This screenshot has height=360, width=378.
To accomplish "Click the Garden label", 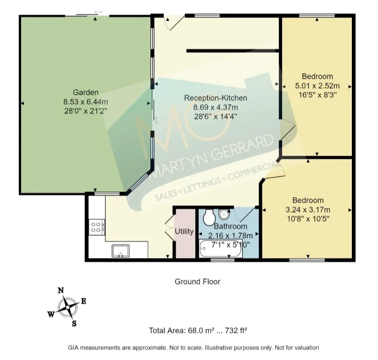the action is click(86, 92).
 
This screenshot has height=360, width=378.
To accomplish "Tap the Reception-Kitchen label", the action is click(216, 98).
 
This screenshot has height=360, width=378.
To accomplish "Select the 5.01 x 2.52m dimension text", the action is click(317, 86).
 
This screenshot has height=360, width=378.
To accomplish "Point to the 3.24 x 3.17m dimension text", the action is click(308, 210).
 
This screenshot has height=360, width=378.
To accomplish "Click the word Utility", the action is click(184, 231).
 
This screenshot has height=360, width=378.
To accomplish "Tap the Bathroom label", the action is click(230, 226).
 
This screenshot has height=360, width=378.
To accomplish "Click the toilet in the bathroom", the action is click(209, 217).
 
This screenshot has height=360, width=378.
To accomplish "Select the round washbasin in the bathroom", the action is click(224, 214).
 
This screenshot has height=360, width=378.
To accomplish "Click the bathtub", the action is click(220, 248).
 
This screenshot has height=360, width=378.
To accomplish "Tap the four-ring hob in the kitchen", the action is click(97, 227).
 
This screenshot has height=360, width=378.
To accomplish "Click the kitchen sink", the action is click(121, 251).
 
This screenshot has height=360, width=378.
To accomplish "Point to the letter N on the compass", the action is click(61, 290).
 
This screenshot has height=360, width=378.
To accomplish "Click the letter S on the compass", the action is click(74, 324).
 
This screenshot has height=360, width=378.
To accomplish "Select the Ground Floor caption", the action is click(197, 281).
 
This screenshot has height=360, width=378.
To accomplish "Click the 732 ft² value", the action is click(236, 330).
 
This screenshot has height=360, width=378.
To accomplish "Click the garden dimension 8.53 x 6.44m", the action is click(86, 101).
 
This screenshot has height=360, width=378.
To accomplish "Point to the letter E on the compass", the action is click(83, 301).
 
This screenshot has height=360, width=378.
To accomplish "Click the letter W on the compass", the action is click(51, 315).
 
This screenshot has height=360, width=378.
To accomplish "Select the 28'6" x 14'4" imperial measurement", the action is click(216, 117).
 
